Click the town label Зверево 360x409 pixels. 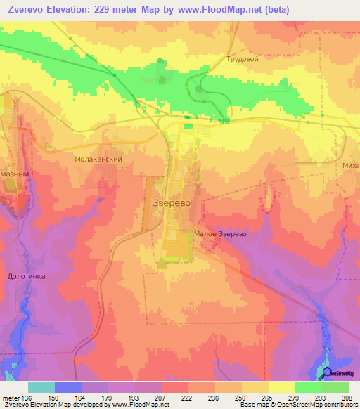tap(172, 203)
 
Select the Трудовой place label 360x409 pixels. tap(243, 59)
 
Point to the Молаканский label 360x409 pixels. tap(99, 160)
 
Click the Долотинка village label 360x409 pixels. tap(27, 276)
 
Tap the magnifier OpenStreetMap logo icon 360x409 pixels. tap(326, 372)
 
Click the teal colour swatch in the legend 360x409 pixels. tap(41, 387)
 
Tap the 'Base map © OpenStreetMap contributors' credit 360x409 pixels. tap(298, 405)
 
